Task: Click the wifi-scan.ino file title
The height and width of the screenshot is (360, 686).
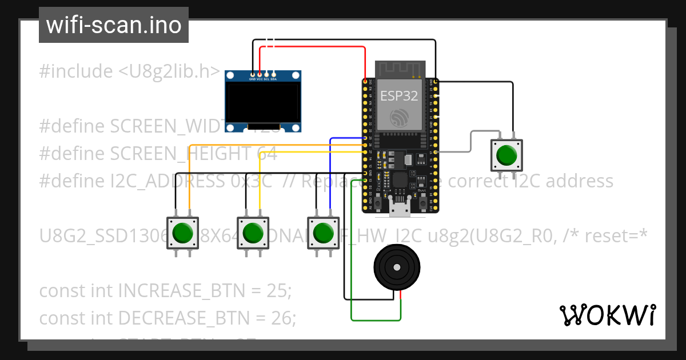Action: tap(113, 25)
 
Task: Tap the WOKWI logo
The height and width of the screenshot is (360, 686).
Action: tap(607, 315)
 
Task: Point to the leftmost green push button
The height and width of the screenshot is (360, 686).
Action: tap(182, 233)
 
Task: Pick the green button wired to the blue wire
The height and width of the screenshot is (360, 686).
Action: tap(324, 233)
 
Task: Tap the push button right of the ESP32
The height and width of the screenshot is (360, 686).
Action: tap(506, 155)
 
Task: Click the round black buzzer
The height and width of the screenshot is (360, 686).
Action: tap(396, 267)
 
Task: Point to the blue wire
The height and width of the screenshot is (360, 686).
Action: tap(330, 171)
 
